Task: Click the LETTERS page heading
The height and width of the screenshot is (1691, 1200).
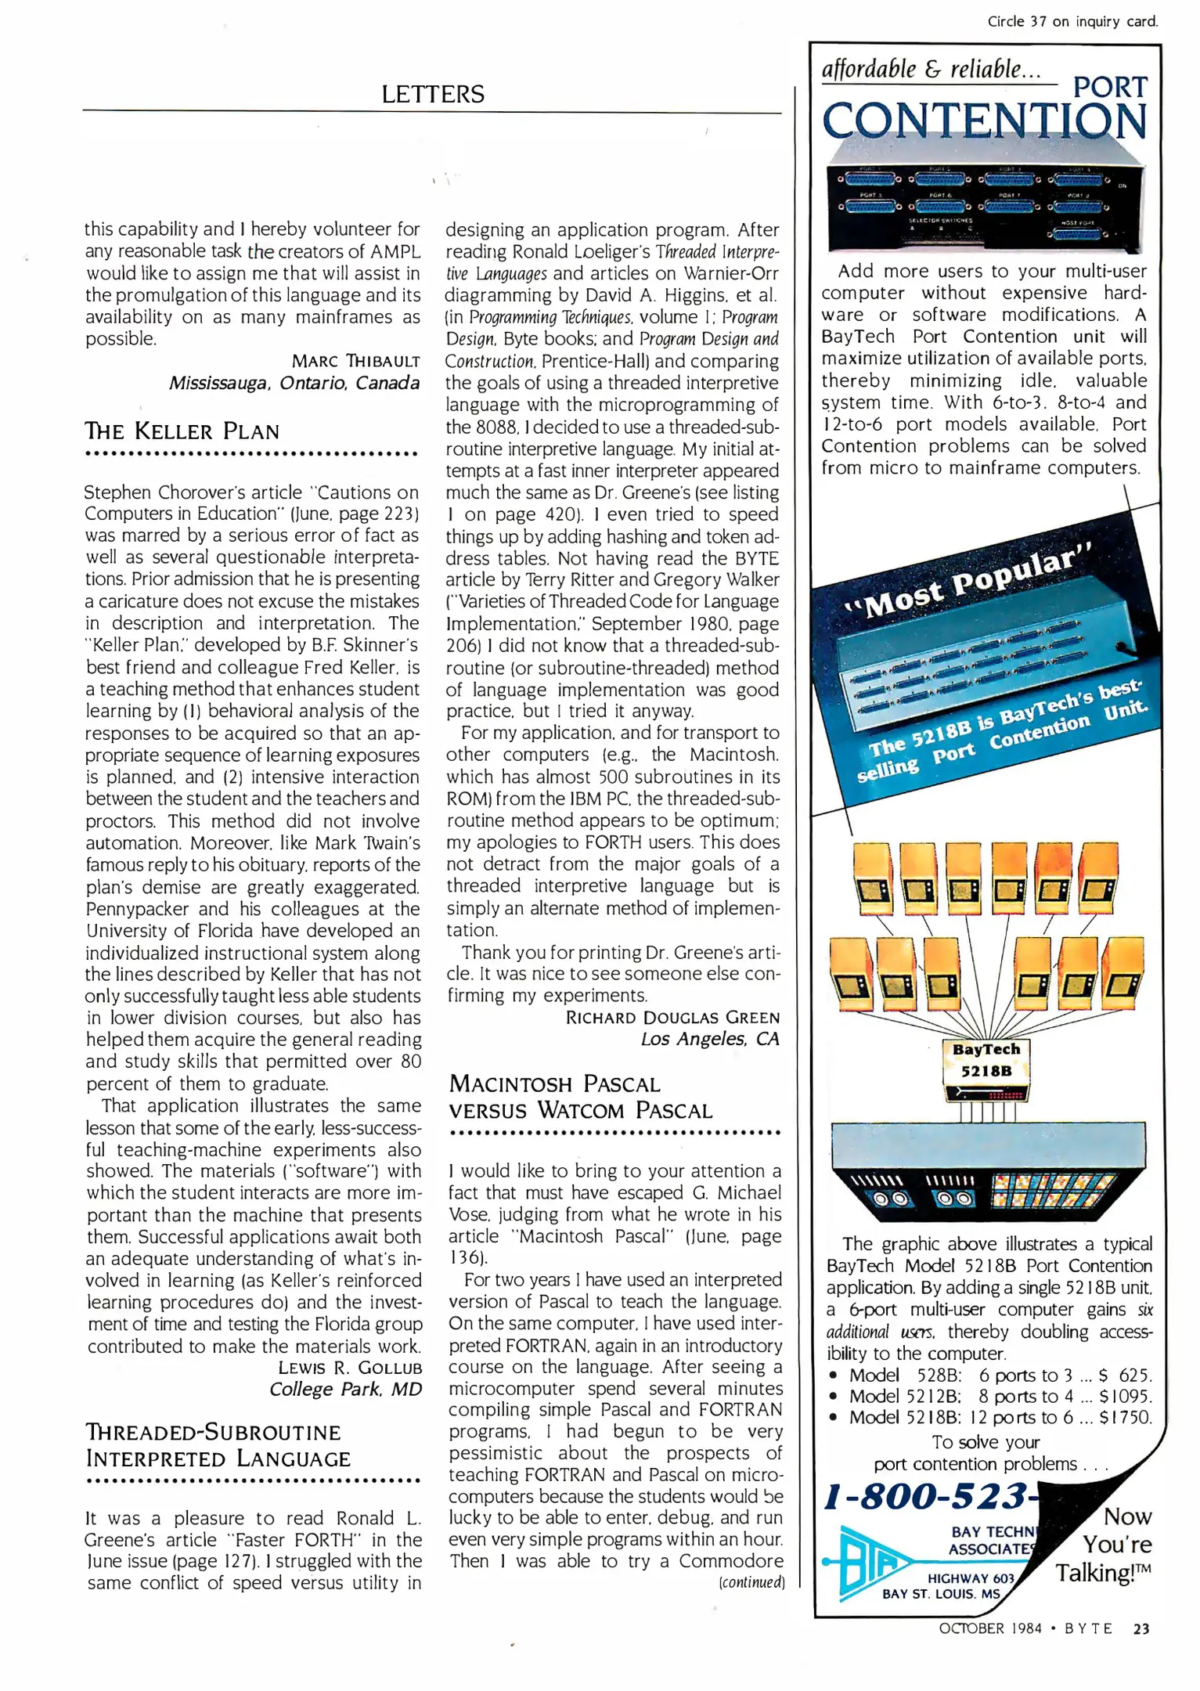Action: click(433, 95)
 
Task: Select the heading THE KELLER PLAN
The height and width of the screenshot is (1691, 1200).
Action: click(182, 431)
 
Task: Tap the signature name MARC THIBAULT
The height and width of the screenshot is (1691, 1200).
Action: click(355, 361)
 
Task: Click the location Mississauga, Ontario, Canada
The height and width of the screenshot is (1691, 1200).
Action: click(294, 383)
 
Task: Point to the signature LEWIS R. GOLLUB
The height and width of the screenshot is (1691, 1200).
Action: click(350, 1368)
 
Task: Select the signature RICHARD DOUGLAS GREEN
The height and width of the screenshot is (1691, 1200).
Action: click(672, 1017)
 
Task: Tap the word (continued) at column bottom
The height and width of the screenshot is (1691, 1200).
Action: click(751, 1582)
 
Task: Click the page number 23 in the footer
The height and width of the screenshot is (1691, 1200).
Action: click(1141, 1628)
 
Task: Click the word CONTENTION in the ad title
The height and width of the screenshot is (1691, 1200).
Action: click(985, 121)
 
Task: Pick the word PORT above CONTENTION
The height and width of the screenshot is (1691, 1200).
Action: click(1110, 87)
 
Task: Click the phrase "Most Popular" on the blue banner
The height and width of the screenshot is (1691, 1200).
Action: click(969, 583)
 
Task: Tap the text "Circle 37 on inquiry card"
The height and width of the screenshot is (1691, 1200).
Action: click(1072, 22)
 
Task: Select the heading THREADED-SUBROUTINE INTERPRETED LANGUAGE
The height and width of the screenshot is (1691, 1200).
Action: click(218, 1445)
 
